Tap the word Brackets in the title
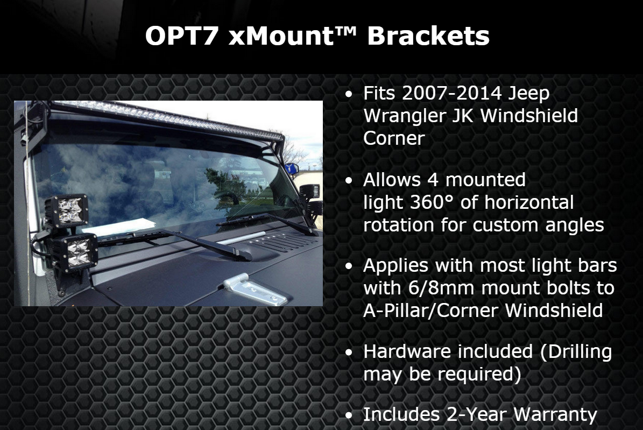pos(428,36)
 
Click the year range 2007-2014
pos(451,93)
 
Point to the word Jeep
pos(528,94)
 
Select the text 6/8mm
pos(442,288)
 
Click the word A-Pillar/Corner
pos(430,311)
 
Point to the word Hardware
pos(407,351)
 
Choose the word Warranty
pos(555,415)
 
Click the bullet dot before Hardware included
pos(349,353)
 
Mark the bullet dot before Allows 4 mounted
pos(349,180)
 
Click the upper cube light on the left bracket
pos(67,210)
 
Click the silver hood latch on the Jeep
pos(255,290)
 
